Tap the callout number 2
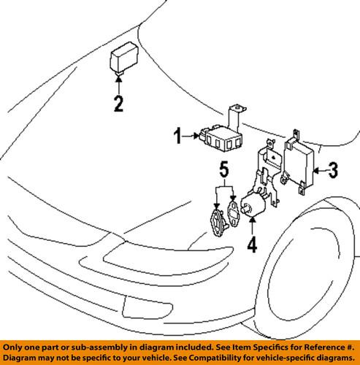click(x=117, y=104)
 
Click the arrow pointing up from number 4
click(x=250, y=227)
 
